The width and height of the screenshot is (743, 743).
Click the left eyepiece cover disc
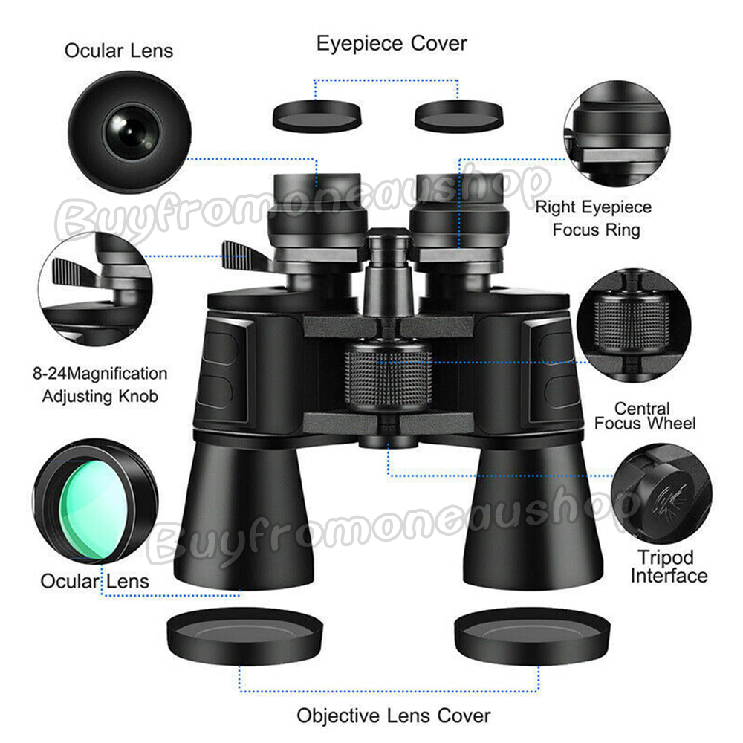click(x=317, y=116)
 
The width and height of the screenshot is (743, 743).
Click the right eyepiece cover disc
click(x=458, y=116)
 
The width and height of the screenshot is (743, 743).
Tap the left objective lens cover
click(x=245, y=635)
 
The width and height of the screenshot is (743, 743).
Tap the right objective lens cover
click(x=532, y=635)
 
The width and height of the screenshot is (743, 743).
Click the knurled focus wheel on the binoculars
click(x=388, y=374)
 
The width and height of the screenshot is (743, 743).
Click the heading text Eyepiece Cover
click(x=392, y=44)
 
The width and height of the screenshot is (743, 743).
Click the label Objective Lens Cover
click(x=393, y=715)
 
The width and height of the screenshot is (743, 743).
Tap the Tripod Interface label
click(x=669, y=567)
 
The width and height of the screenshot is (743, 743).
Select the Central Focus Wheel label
click(x=645, y=416)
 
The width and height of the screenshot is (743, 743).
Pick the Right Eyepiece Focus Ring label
click(x=594, y=218)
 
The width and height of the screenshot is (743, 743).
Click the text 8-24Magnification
click(x=100, y=374)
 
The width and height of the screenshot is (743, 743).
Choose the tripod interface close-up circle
click(x=661, y=493)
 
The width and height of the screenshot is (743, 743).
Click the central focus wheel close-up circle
click(x=634, y=325)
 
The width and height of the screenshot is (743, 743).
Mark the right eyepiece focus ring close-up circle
click(x=617, y=133)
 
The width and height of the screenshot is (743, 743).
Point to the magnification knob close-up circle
click(x=95, y=288)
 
